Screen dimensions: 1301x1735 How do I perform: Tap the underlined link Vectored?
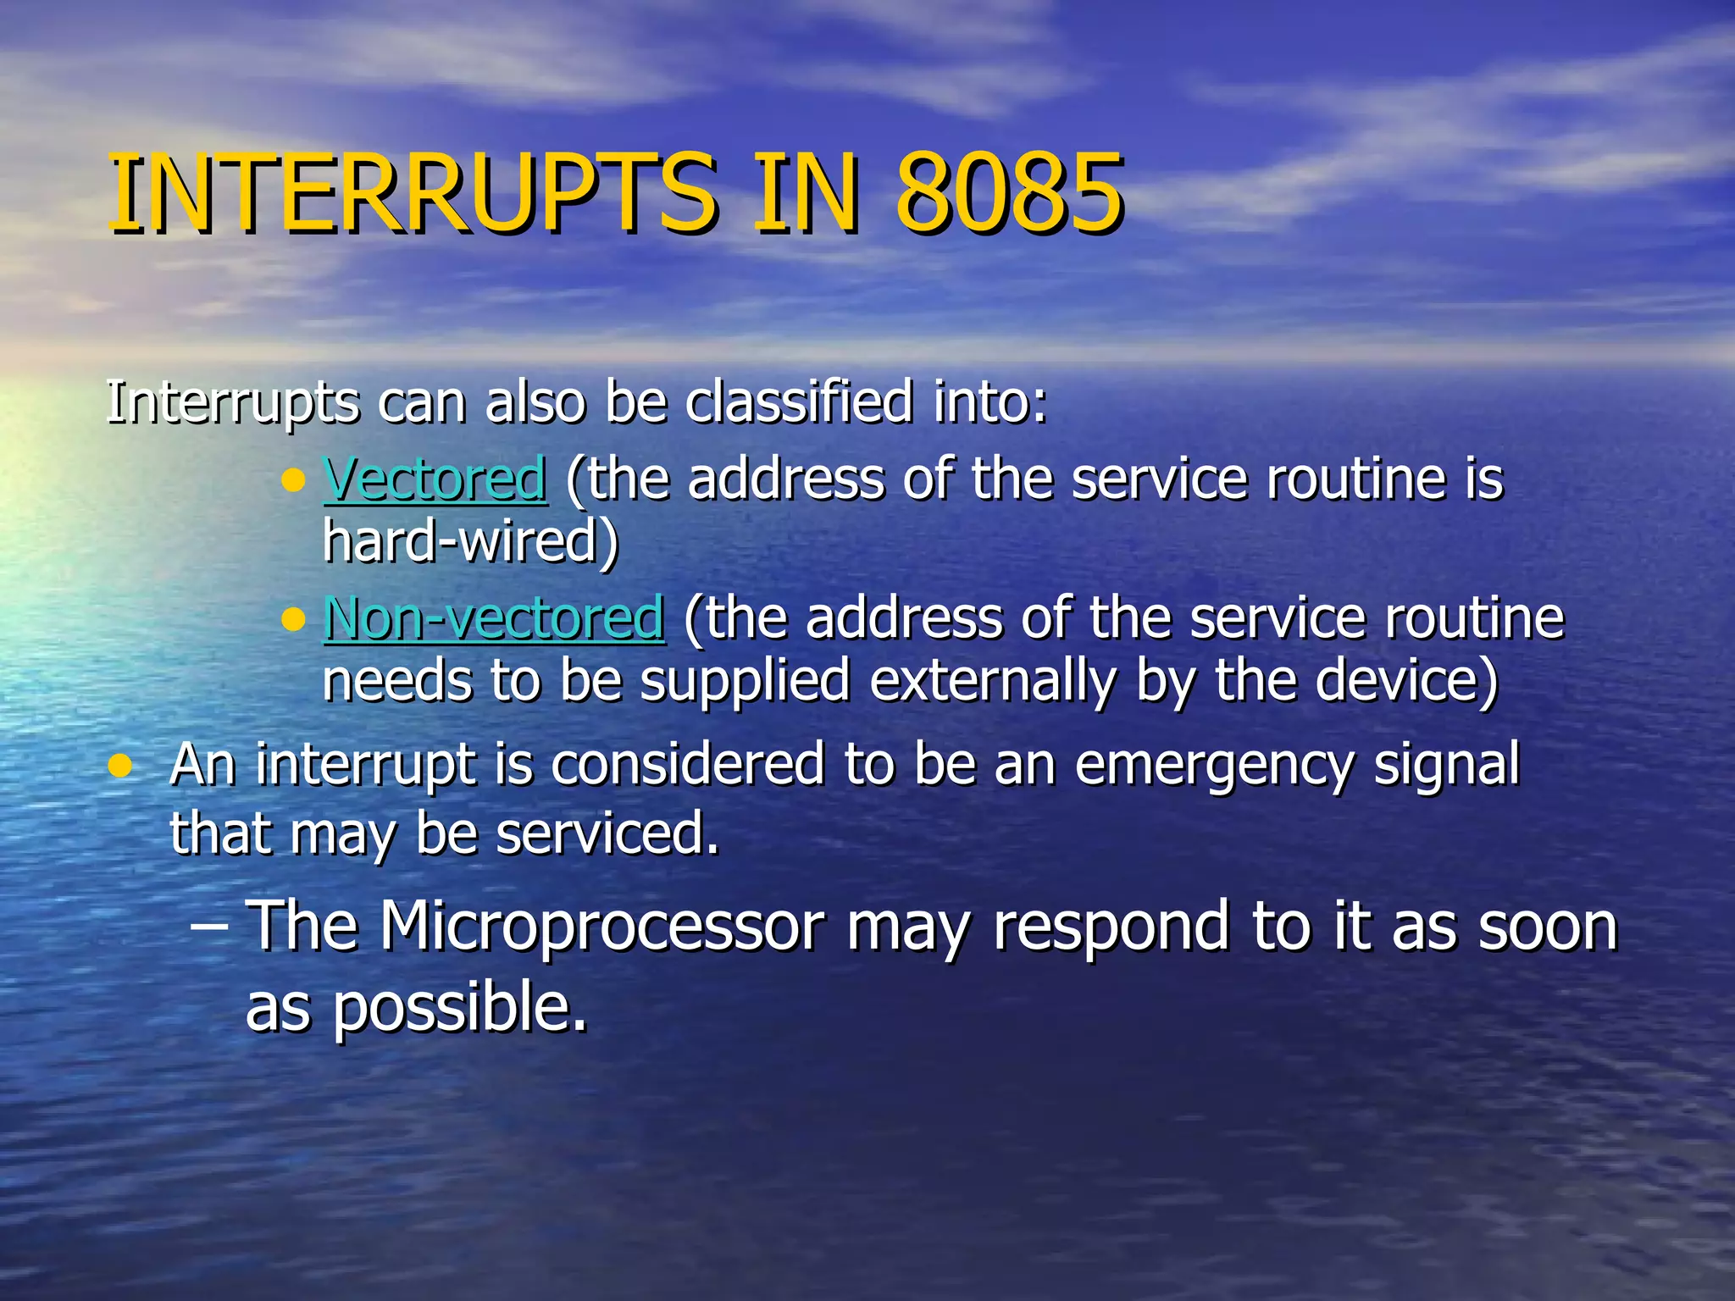435,479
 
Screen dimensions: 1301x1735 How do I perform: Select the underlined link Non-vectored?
494,618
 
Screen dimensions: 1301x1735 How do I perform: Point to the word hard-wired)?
471,542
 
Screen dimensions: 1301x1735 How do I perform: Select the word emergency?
1214,765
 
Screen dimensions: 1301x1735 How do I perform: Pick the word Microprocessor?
601,927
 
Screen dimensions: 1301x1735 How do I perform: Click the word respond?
1111,927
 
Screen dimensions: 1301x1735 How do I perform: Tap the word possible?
458,1008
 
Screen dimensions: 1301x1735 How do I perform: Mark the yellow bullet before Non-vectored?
293,622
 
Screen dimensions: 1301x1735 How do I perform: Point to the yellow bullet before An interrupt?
121,767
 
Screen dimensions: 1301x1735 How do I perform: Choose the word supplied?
745,681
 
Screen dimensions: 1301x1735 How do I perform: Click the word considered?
688,765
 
